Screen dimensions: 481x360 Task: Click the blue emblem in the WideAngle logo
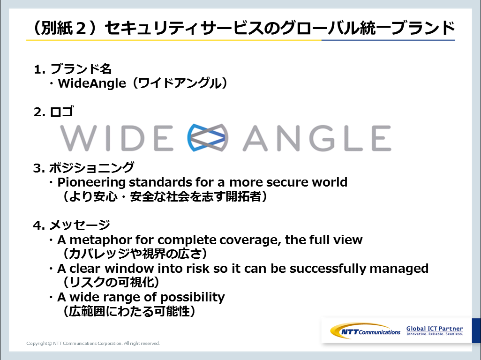[x=208, y=138]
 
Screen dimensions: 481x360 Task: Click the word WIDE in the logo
[x=117, y=138]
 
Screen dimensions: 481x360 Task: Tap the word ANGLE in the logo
[x=317, y=138]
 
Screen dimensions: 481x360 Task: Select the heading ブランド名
[x=81, y=69]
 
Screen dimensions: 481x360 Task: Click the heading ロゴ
[x=62, y=112]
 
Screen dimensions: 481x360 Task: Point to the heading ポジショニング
[x=91, y=168]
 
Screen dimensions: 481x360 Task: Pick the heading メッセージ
[x=79, y=225]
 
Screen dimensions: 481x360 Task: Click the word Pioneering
[x=91, y=182]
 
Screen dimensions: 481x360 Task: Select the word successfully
[x=328, y=269]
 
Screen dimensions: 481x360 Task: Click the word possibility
[x=192, y=298]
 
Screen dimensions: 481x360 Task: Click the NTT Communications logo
[x=365, y=331]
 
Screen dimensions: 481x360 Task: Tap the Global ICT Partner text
[x=435, y=330]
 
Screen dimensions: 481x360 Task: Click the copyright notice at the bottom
[x=93, y=344]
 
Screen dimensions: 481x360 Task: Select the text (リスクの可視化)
[x=111, y=282]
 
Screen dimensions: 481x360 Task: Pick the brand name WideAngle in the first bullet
[x=92, y=83]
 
